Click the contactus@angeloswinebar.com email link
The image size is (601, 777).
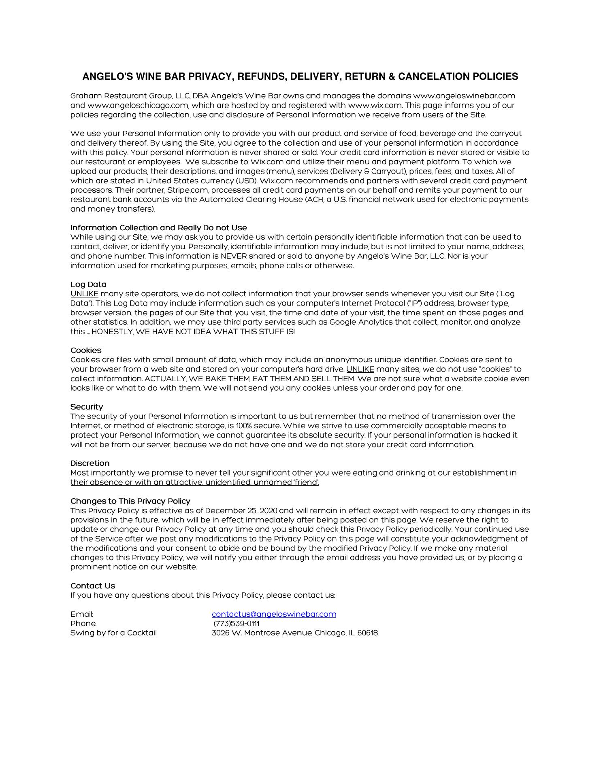[x=274, y=614]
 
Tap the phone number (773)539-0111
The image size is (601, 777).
[x=236, y=623]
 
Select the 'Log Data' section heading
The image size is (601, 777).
[x=88, y=284]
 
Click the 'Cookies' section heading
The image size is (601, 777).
[x=86, y=350]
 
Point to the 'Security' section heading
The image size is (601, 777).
[x=87, y=407]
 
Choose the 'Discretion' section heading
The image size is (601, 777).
[x=90, y=463]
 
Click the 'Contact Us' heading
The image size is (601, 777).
[x=93, y=586]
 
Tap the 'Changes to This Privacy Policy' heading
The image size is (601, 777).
[x=130, y=501]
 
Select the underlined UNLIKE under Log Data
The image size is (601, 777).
[x=84, y=294]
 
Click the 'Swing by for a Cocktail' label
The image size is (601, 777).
[x=113, y=633]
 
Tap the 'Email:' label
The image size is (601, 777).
[x=82, y=614]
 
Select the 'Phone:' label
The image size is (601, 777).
[x=83, y=623]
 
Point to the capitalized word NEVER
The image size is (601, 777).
[x=234, y=256]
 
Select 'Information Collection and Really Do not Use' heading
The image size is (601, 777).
[x=159, y=227]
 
